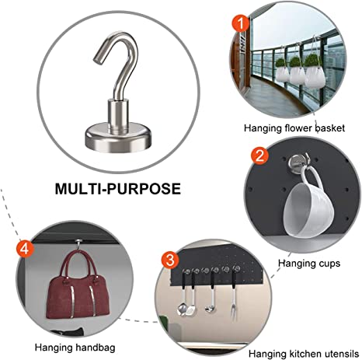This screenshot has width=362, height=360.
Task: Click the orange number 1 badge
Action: (241, 23)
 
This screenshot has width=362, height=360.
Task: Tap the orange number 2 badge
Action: (260, 156)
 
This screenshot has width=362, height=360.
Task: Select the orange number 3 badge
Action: (170, 260)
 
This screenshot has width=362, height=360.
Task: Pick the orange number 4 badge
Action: (25, 249)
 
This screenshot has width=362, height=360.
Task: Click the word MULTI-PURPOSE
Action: (118, 189)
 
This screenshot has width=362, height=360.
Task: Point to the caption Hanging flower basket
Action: (294, 128)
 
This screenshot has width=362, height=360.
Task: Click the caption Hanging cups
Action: (309, 264)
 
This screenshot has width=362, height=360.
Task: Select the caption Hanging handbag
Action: (75, 348)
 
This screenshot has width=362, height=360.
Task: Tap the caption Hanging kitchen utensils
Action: (304, 354)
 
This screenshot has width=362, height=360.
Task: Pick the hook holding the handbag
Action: (78, 244)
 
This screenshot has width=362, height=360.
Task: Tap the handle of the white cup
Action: (313, 177)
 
